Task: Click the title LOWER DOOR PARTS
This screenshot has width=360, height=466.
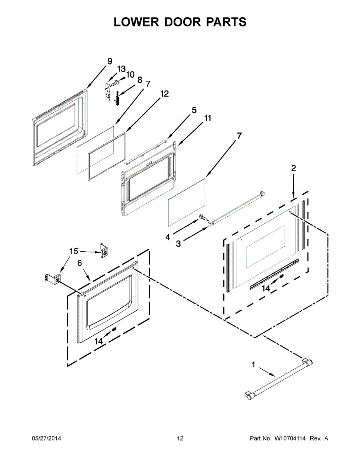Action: [x=180, y=22]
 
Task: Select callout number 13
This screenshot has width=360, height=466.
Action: [x=122, y=69]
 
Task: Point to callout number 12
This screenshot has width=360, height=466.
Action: [x=164, y=94]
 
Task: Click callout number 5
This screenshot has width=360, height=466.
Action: [x=194, y=110]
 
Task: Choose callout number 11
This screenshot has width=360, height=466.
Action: [x=208, y=118]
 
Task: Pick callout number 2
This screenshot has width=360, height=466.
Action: [x=293, y=168]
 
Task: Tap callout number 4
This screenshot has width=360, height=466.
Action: [x=168, y=237]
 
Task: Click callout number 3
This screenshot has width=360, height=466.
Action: [x=178, y=244]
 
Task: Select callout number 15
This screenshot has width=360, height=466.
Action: [x=73, y=251]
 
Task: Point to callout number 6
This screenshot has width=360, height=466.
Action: [x=80, y=263]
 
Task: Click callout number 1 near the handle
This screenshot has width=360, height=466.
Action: [x=254, y=365]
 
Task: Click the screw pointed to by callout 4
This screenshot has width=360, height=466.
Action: [x=202, y=218]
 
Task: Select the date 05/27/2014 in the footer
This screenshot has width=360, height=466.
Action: [x=46, y=438]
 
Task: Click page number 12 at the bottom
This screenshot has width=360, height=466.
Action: [x=180, y=438]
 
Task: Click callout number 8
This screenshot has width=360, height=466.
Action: [x=139, y=80]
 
